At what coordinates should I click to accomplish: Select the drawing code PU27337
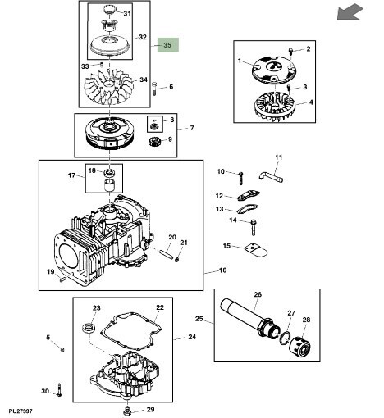(x=21, y=410)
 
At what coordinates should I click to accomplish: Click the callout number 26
(x=257, y=295)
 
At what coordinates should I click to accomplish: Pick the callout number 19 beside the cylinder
(x=51, y=272)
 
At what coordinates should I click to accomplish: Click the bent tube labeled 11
(x=269, y=174)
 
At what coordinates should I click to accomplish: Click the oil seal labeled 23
(x=87, y=329)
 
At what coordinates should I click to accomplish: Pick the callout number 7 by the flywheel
(x=191, y=128)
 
